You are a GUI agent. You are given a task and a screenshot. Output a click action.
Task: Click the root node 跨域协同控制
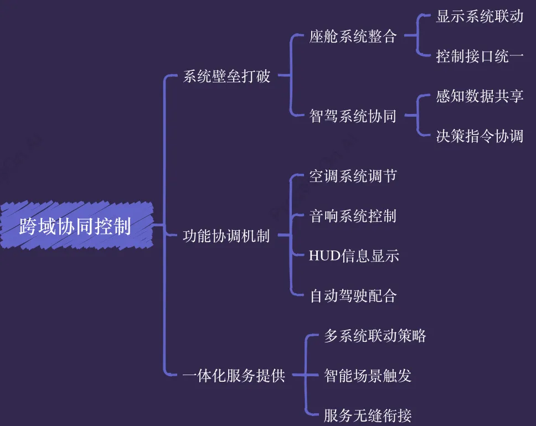point(75,226)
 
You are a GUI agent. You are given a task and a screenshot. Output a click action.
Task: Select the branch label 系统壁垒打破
point(226,76)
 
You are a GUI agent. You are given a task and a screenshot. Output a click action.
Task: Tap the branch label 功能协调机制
point(226,236)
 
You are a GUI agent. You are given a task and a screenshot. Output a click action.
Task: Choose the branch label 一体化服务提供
point(234,376)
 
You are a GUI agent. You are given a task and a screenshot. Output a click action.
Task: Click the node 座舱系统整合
point(353,37)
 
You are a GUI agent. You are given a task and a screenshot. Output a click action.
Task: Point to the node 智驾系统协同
point(353,116)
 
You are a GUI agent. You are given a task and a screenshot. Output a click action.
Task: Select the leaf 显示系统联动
point(480,17)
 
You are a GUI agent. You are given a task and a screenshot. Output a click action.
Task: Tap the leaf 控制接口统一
point(480,56)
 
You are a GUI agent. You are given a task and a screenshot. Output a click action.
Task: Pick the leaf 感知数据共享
point(480,96)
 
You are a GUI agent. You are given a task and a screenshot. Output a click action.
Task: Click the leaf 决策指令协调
point(480,136)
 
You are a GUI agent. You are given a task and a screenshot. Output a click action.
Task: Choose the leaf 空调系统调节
point(353,176)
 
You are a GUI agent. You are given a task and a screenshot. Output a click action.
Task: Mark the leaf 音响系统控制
point(353,216)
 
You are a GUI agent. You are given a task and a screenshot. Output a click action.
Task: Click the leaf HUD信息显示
point(354,256)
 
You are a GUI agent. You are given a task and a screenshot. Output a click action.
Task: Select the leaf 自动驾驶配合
point(353,295)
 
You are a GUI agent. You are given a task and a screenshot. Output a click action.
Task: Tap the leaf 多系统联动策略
point(375,335)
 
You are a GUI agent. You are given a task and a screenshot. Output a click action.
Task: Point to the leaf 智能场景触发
point(368,376)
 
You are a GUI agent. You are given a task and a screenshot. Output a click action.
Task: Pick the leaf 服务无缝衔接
point(368,415)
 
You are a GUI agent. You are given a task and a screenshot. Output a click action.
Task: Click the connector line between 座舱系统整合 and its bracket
point(410,37)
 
